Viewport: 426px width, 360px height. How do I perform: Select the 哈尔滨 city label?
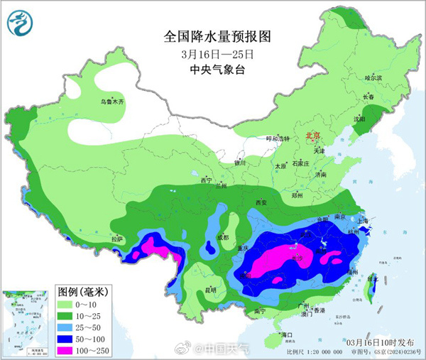(x=373, y=77)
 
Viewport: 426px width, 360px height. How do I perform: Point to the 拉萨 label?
(x=117, y=239)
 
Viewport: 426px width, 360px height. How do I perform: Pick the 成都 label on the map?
(x=224, y=237)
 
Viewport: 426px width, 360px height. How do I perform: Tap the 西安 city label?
(x=260, y=202)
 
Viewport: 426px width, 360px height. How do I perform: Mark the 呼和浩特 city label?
(x=278, y=138)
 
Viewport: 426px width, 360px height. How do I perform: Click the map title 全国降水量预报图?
(x=218, y=36)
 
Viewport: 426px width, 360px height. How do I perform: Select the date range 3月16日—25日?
(x=217, y=54)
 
